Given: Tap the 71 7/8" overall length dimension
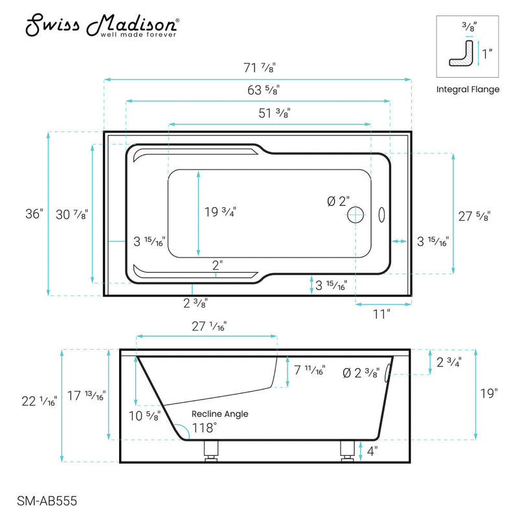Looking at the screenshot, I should (258, 67).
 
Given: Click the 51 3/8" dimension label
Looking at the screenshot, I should (275, 112).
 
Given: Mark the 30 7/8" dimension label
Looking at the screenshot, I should (71, 214).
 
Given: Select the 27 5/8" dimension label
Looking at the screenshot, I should (475, 217).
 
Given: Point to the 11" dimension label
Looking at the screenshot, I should (381, 314).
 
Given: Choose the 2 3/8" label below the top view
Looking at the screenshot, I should (195, 301).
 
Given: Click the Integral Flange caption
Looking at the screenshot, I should (467, 89).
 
